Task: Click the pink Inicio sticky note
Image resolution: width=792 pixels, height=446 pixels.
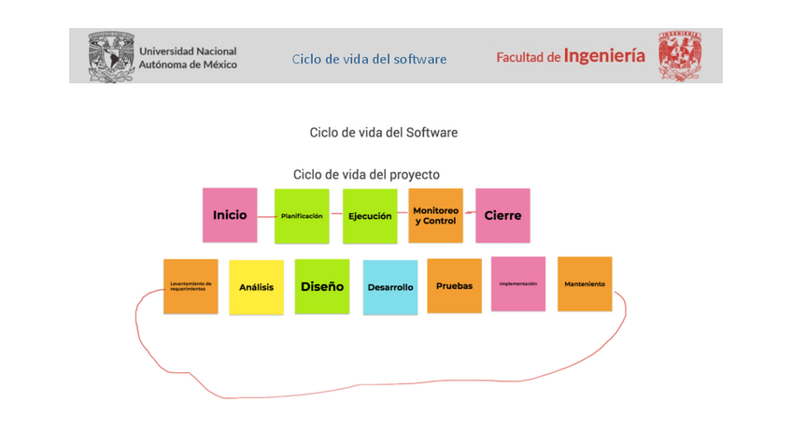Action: (x=230, y=215)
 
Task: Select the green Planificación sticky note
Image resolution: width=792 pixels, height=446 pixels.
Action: (x=302, y=216)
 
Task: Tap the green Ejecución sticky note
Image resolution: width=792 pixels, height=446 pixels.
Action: (x=370, y=216)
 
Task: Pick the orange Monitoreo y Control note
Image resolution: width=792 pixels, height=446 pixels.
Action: (x=435, y=216)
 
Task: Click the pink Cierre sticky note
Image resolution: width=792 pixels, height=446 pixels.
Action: (x=502, y=216)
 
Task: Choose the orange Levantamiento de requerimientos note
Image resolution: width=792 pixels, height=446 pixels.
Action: (x=191, y=286)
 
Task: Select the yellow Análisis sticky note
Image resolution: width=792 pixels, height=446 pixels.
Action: (x=256, y=287)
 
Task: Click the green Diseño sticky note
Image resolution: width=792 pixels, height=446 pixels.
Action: (x=322, y=286)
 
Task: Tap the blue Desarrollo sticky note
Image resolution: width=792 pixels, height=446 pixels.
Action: (x=390, y=287)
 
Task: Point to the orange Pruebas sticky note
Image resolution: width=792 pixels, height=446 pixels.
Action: (x=454, y=285)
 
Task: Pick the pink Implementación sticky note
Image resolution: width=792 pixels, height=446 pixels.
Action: (x=518, y=283)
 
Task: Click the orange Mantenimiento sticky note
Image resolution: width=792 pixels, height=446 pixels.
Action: (x=585, y=283)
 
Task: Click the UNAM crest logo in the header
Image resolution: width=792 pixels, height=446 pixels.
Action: (x=111, y=57)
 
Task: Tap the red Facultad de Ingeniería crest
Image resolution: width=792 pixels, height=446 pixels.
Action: (x=679, y=57)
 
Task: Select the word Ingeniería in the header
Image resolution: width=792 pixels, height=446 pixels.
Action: (x=604, y=56)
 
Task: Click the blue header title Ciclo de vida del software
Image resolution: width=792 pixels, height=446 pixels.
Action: (x=369, y=59)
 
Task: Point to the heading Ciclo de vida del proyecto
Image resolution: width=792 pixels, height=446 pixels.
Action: (x=366, y=175)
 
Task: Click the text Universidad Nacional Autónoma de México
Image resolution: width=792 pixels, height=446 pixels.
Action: (x=188, y=58)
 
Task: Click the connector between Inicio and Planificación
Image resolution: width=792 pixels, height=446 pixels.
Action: (x=265, y=215)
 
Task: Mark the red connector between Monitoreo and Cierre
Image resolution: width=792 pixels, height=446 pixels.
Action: (x=469, y=213)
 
